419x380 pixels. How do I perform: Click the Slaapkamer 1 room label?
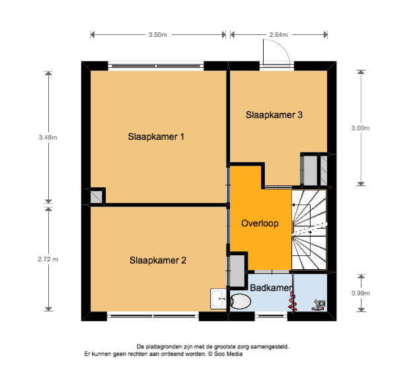156,137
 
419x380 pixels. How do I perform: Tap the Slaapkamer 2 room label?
158,261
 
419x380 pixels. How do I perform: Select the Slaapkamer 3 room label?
274,115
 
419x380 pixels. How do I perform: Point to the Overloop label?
260,224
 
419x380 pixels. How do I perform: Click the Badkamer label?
271,288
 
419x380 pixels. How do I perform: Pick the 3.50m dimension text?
158,35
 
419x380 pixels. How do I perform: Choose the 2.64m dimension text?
278,35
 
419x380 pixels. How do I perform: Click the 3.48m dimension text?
48,138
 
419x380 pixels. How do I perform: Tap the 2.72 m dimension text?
48,259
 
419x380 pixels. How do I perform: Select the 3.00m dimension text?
360,128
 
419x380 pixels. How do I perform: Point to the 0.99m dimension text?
360,294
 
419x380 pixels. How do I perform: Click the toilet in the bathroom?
241,301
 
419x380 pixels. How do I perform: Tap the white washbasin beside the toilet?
219,299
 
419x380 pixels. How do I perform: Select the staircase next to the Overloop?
309,230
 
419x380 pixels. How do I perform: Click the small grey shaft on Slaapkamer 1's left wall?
96,197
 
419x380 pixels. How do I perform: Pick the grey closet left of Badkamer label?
237,271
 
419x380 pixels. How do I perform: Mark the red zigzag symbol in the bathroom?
293,302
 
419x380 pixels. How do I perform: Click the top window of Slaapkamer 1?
156,66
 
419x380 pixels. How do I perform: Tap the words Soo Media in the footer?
228,354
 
